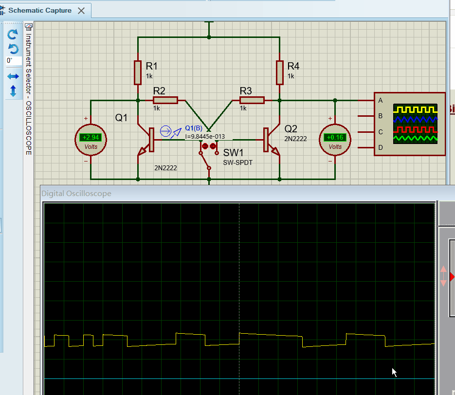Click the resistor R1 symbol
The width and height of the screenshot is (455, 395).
(x=138, y=72)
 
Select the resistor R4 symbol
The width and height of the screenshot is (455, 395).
(x=279, y=72)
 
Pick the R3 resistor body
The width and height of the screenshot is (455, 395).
(x=252, y=100)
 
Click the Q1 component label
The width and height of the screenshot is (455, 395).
(x=121, y=117)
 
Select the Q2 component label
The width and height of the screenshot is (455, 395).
(x=291, y=128)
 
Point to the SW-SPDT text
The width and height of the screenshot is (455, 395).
(x=238, y=162)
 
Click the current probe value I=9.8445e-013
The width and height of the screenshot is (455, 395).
(x=205, y=137)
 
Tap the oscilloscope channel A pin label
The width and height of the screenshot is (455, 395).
(x=380, y=100)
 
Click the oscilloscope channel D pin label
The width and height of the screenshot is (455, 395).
(x=380, y=147)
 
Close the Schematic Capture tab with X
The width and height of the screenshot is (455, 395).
(x=81, y=11)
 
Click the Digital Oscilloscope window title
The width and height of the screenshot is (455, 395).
(x=76, y=193)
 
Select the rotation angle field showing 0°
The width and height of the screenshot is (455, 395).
(x=13, y=61)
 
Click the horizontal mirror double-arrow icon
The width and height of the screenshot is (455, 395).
(x=13, y=76)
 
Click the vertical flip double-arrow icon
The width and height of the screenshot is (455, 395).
(x=13, y=90)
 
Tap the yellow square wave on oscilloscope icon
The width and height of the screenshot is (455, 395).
(x=415, y=109)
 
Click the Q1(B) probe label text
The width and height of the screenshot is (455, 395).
(x=194, y=128)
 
